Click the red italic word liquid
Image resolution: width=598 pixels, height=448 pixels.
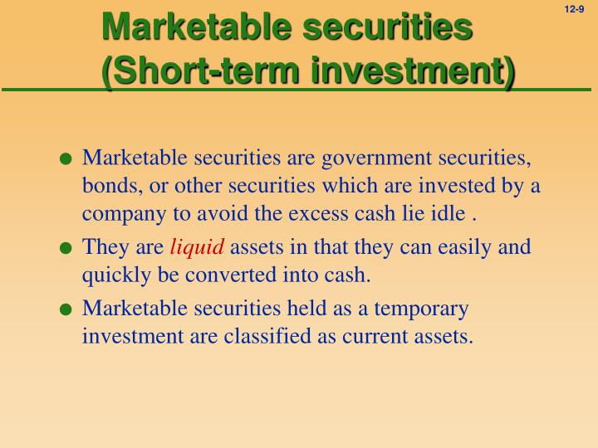[197, 247]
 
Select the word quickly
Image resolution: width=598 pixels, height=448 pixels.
[111, 275]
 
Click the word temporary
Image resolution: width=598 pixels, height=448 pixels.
[423, 309]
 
